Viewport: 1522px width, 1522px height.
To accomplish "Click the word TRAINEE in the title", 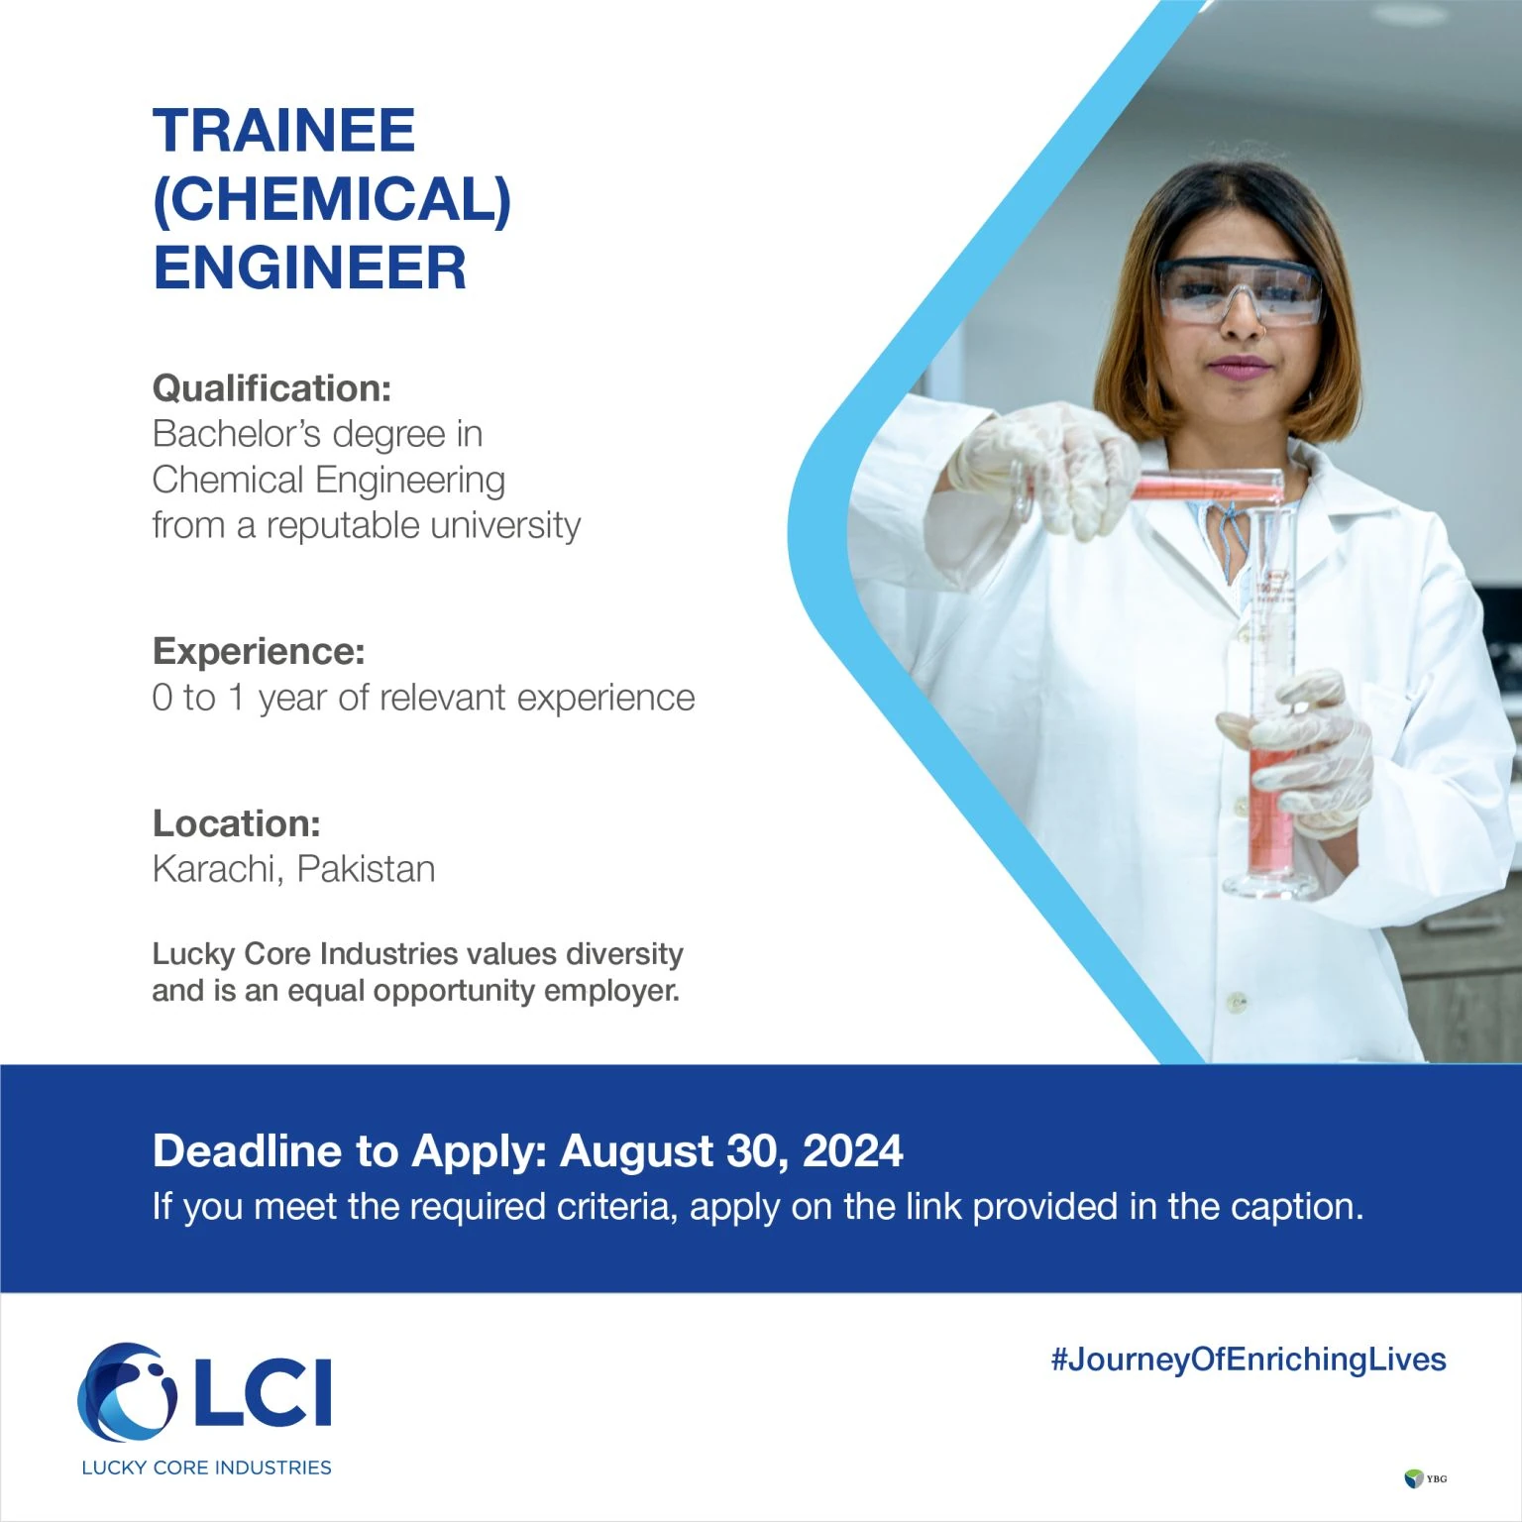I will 283,131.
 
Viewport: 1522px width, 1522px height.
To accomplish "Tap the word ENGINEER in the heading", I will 309,269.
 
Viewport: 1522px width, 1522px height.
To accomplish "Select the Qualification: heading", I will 272,388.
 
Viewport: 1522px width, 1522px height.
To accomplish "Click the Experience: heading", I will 259,651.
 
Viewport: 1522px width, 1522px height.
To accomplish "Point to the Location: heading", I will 236,823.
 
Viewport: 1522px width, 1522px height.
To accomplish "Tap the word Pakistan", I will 366,869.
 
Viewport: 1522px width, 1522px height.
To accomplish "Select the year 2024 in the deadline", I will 852,1151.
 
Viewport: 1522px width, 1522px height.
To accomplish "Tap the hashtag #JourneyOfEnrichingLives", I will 1248,1359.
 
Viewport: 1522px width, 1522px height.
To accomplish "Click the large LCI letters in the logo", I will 263,1392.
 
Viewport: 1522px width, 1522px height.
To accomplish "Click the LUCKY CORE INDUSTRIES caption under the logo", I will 206,1468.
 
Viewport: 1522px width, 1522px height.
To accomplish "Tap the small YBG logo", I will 1425,1479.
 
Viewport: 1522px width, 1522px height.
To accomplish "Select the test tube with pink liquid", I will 1204,488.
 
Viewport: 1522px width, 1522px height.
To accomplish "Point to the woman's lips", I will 1239,369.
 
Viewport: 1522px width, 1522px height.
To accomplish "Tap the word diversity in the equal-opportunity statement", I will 624,954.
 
